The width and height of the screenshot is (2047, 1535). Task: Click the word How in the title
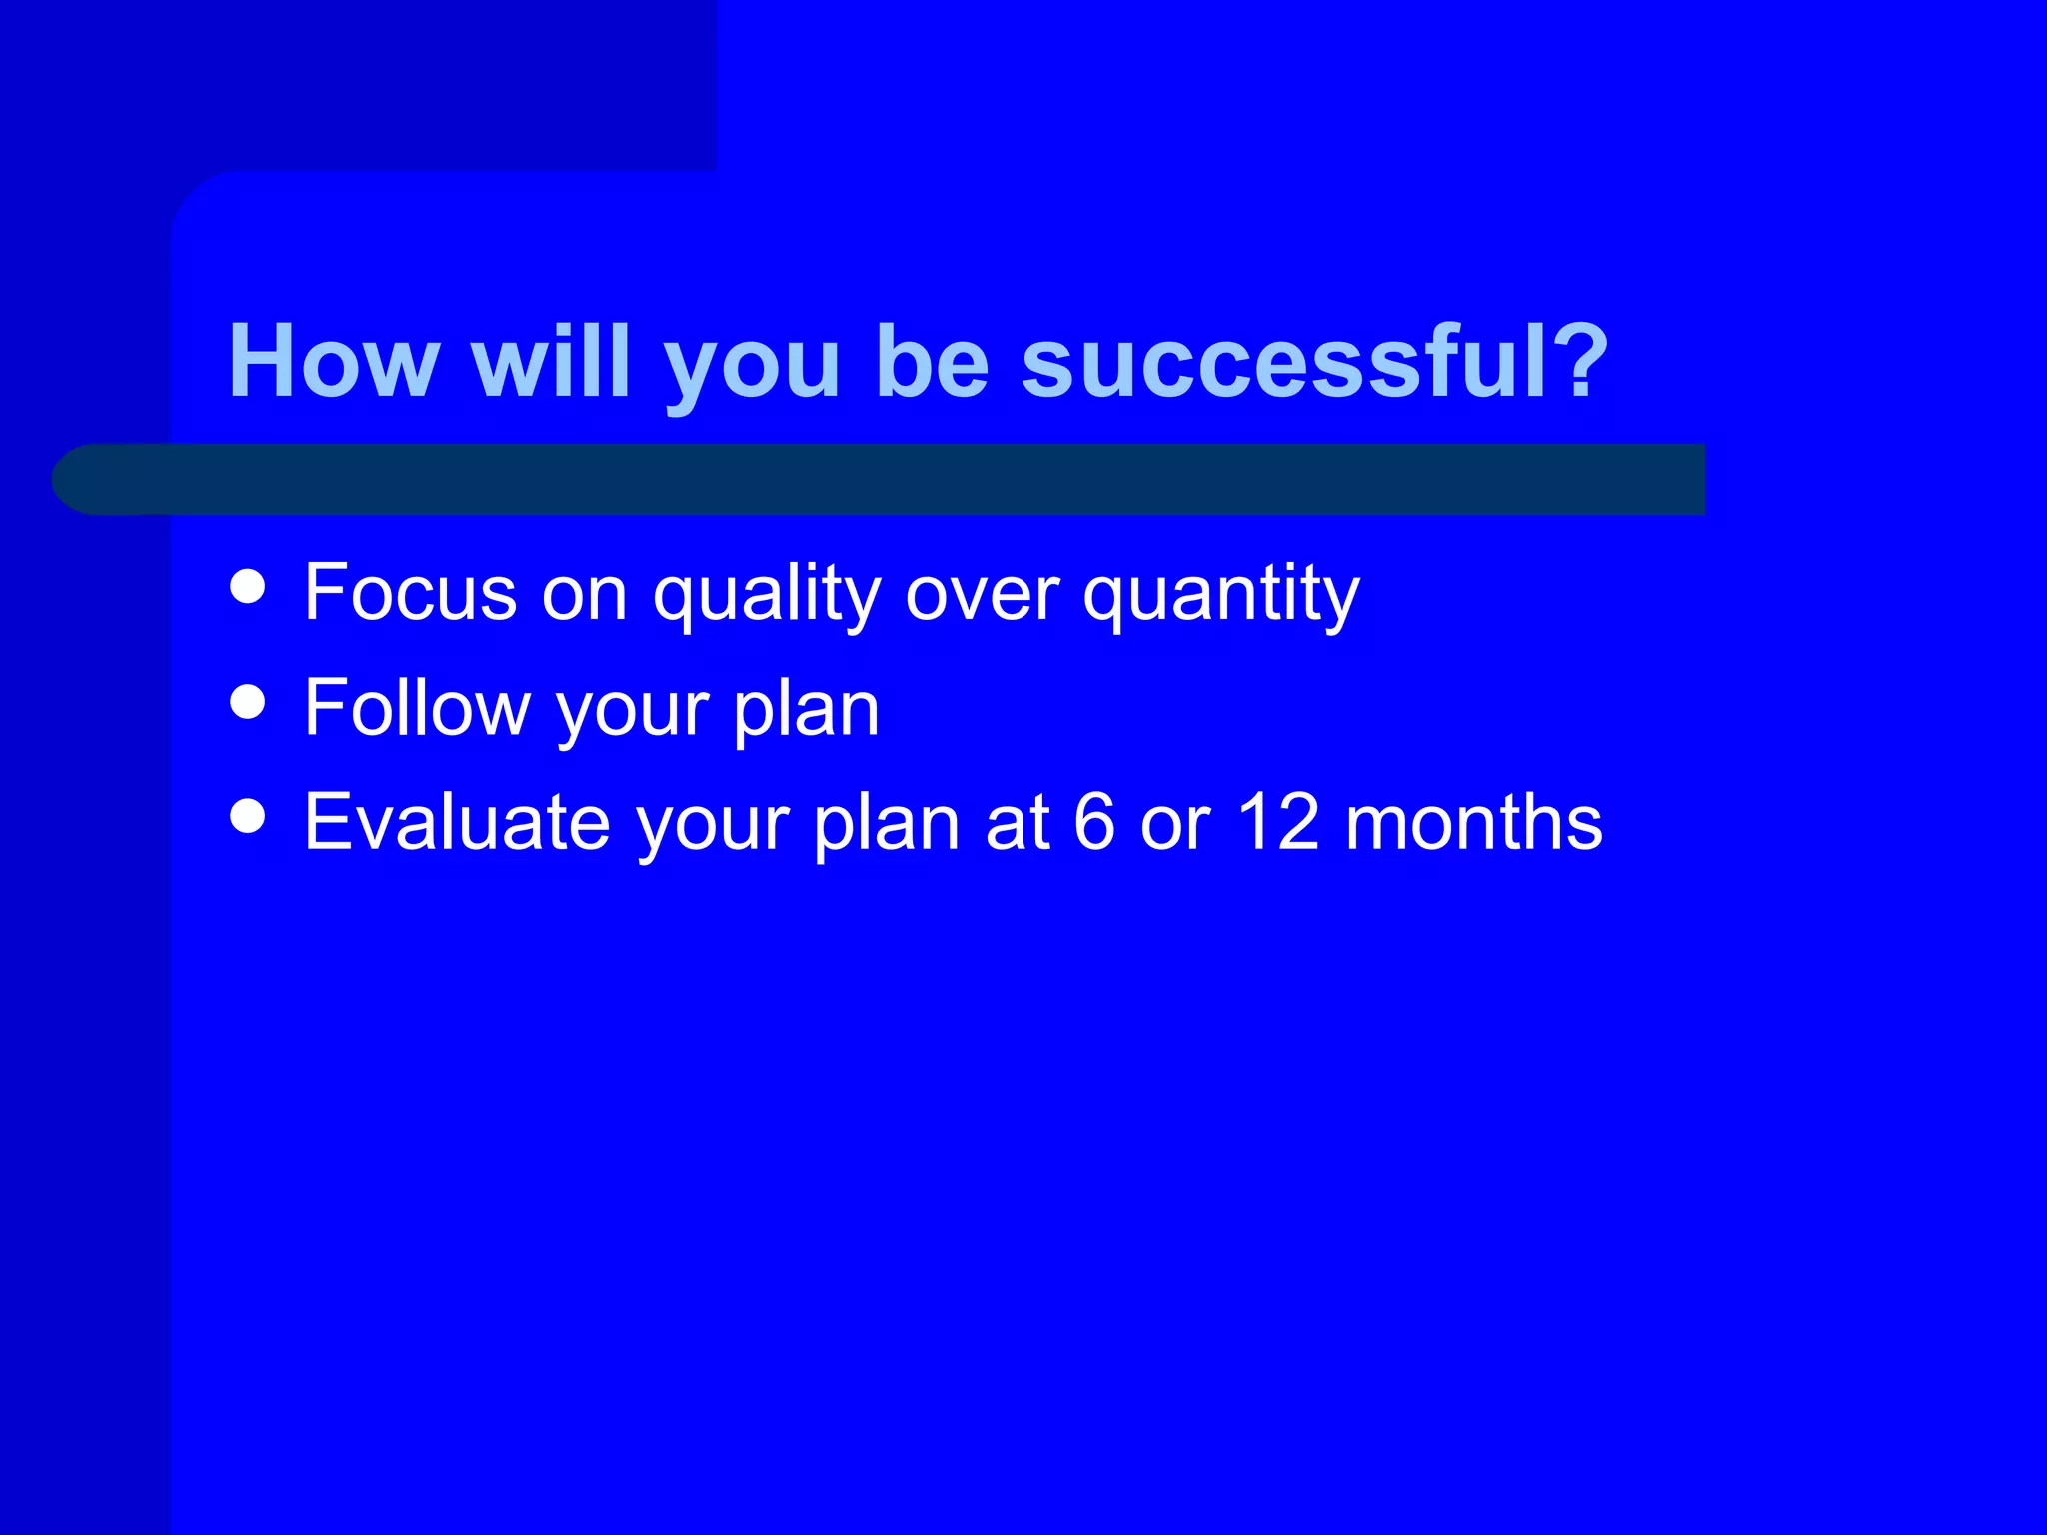coord(334,362)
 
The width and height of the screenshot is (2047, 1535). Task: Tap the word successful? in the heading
coord(1314,362)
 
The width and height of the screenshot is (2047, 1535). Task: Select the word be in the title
coord(932,362)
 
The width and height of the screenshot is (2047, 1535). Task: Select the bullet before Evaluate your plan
coord(247,815)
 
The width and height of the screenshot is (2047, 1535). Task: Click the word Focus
coord(410,592)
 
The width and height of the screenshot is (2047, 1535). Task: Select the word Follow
coord(417,708)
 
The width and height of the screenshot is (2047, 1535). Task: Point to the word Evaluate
coord(457,822)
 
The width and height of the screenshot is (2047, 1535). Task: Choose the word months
coord(1473,822)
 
